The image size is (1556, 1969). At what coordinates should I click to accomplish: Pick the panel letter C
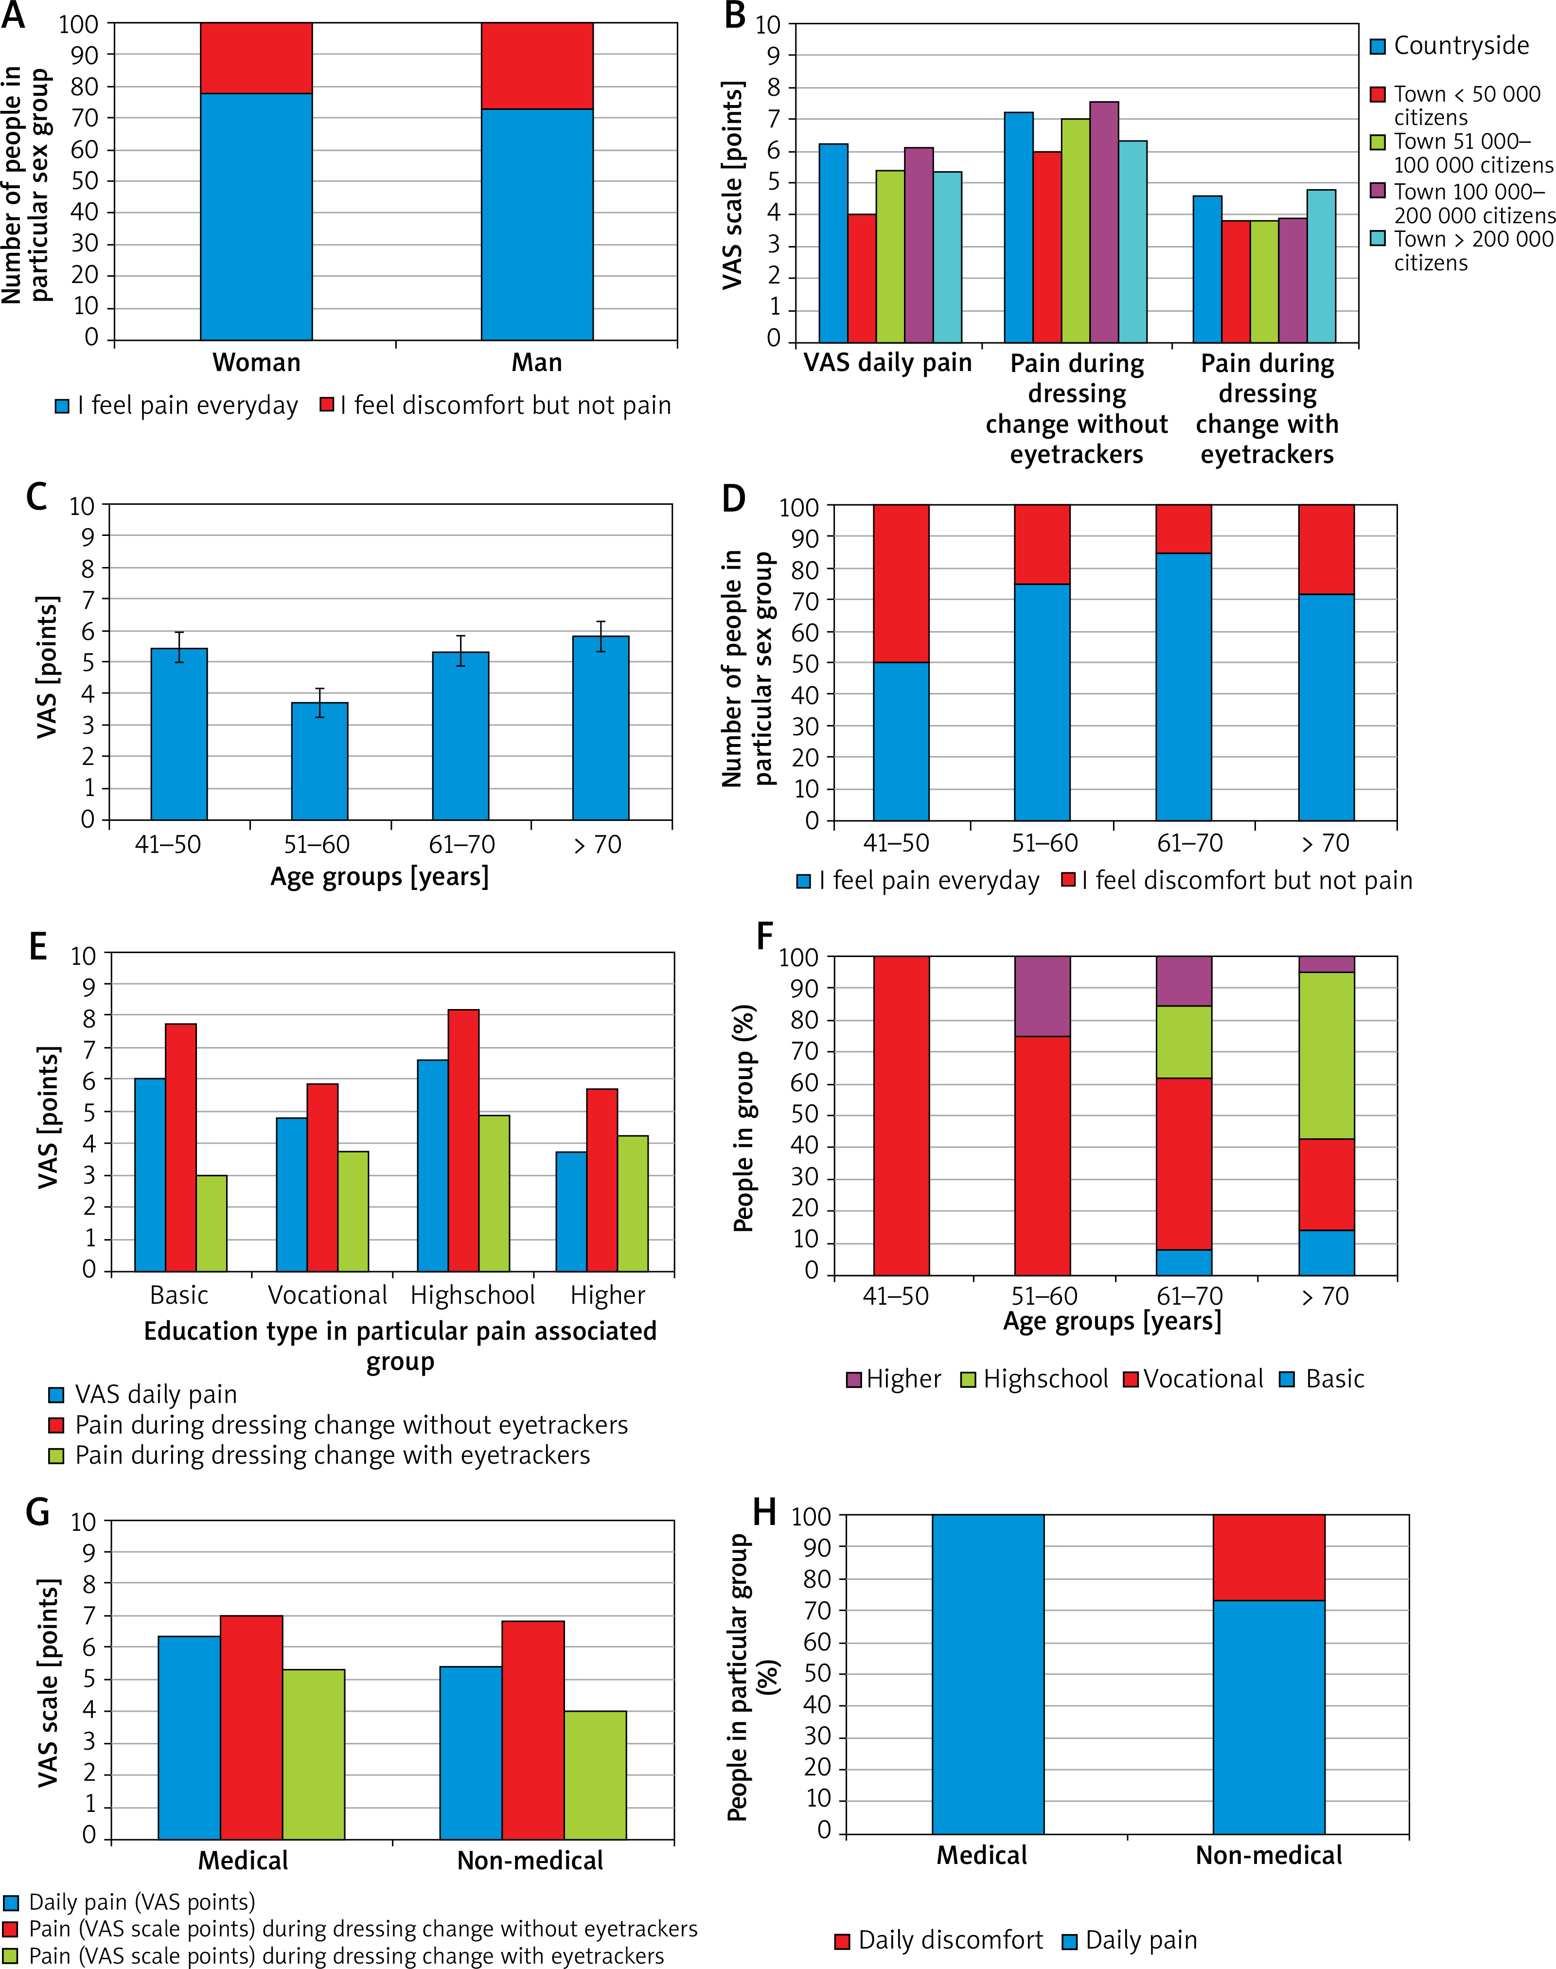tap(36, 497)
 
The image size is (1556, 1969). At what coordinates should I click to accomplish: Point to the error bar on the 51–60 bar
tap(320, 703)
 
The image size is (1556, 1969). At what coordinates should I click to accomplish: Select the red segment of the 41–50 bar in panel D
tap(901, 583)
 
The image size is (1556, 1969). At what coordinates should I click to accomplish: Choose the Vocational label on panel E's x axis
tap(327, 1295)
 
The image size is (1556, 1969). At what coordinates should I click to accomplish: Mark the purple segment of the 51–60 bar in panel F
tap(1042, 996)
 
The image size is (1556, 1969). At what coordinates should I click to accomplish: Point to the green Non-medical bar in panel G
tap(595, 1775)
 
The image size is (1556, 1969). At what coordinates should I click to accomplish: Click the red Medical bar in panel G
tap(251, 1727)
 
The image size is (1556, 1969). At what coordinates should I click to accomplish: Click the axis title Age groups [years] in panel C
tap(379, 876)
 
